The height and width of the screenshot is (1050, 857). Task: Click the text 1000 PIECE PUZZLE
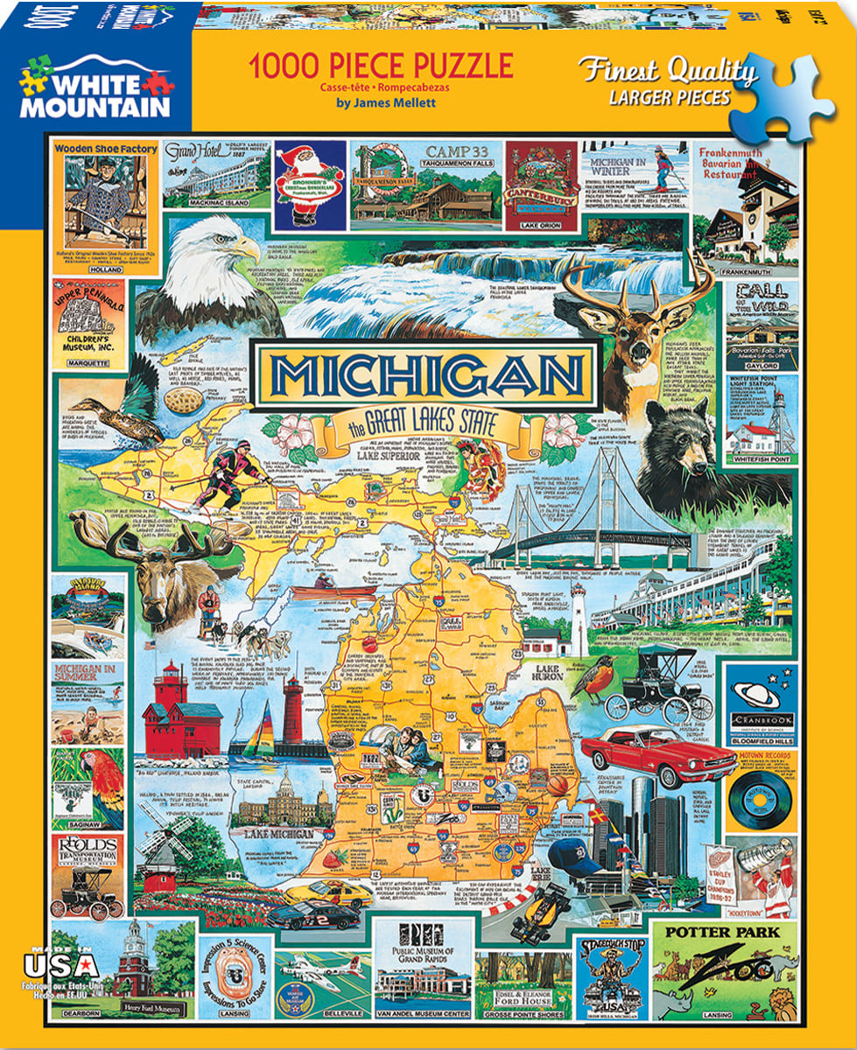(x=381, y=66)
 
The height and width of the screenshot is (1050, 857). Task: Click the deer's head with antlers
(x=630, y=332)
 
